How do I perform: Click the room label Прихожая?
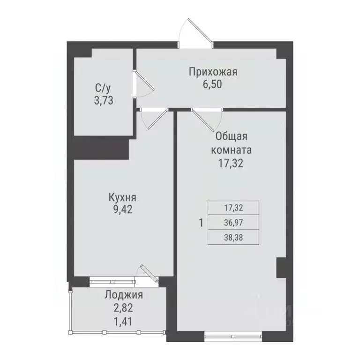point(213,72)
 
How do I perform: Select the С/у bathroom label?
point(103,88)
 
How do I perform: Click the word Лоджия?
point(123,295)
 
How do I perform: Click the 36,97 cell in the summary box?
point(233,222)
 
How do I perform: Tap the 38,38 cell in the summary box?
point(233,237)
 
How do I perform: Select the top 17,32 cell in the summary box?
point(233,207)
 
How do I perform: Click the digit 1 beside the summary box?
point(201,223)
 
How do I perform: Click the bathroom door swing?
point(143,85)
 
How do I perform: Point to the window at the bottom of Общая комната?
point(231,335)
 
